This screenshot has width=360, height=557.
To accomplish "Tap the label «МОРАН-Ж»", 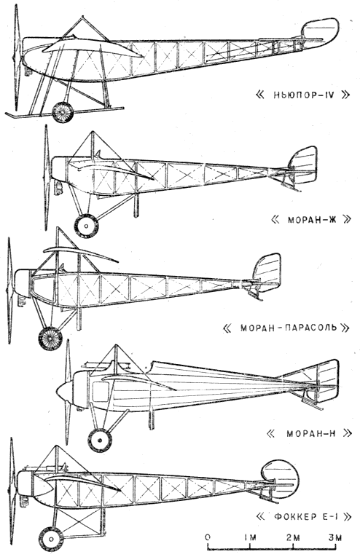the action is [311, 219].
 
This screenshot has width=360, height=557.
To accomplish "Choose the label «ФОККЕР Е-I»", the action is [304, 516].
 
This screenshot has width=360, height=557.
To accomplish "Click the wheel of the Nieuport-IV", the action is [63, 112].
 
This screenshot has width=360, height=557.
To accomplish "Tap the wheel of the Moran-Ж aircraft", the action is [86, 226].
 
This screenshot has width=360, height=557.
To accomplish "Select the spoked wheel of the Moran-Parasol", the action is [50, 338].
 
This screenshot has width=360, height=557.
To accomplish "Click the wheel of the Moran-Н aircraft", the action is [100, 441].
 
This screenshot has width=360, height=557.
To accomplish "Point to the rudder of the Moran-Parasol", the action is [267, 273].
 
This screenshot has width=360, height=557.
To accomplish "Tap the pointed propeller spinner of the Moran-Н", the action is [64, 390].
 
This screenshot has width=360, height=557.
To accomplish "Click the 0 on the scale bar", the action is [208, 537].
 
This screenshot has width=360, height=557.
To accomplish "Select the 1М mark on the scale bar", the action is [250, 537].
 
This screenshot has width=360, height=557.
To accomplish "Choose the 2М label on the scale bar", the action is [293, 537].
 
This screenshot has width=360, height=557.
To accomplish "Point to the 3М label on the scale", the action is [334, 537].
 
